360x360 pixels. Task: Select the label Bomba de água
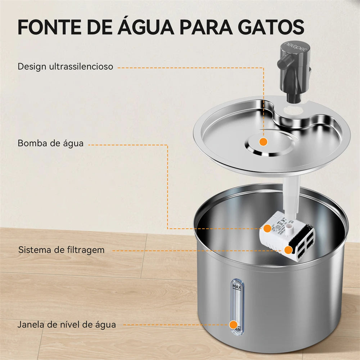pos(50,143)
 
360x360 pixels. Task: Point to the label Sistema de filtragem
pos(62,249)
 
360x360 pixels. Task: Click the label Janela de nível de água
pos(67,324)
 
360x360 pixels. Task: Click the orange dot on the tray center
pos(264,142)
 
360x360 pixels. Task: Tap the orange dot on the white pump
pos(267,228)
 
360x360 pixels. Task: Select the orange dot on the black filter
pos(288,250)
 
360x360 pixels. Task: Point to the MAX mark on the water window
pos(237,287)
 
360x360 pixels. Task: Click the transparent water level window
pos(237,306)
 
